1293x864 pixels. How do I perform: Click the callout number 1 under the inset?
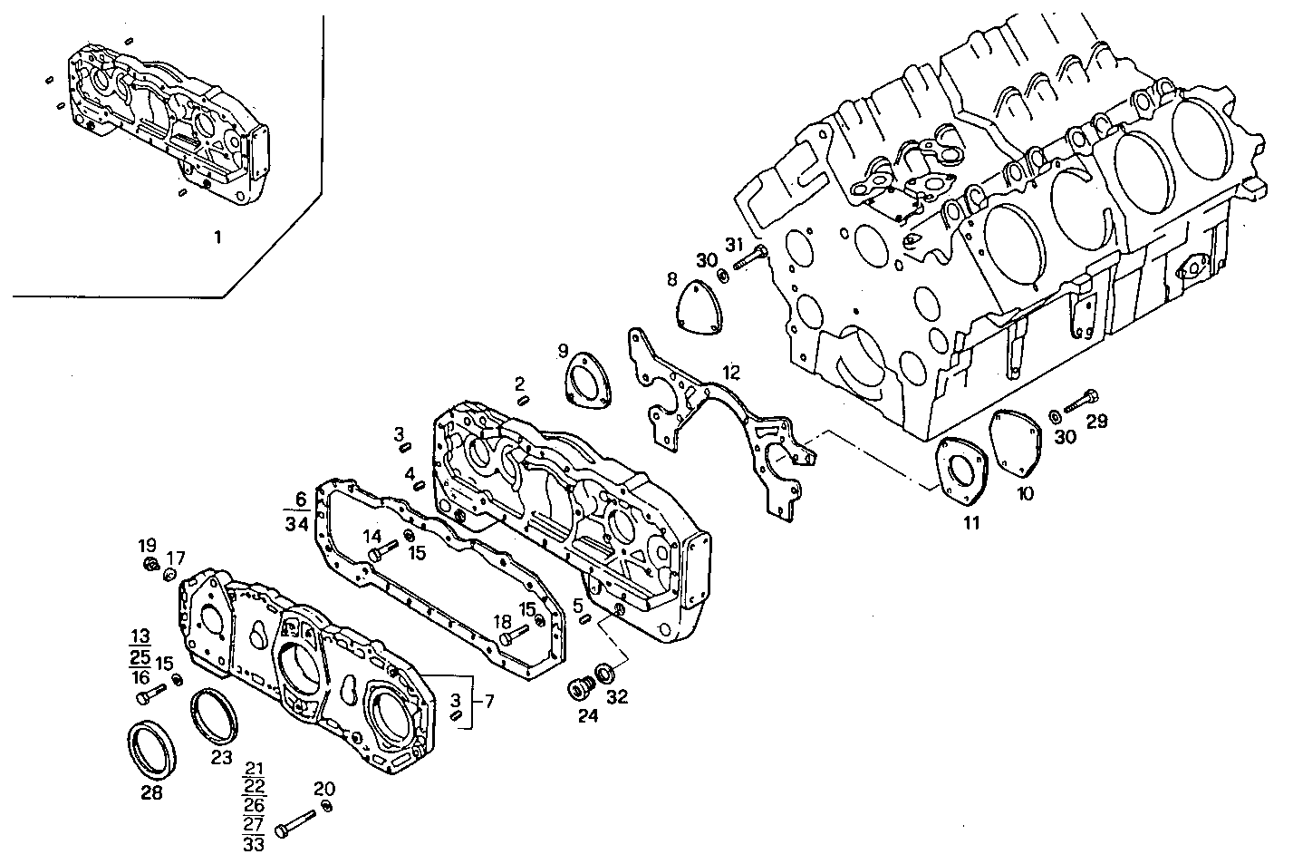coord(217,238)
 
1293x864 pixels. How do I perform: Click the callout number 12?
coord(731,372)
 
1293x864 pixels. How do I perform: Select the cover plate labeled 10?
coord(1018,443)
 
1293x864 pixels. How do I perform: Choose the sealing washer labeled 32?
coord(603,675)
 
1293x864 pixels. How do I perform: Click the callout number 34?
coord(296,524)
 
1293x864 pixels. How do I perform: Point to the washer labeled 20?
coord(327,806)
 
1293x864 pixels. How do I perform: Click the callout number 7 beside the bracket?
coord(489,701)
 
